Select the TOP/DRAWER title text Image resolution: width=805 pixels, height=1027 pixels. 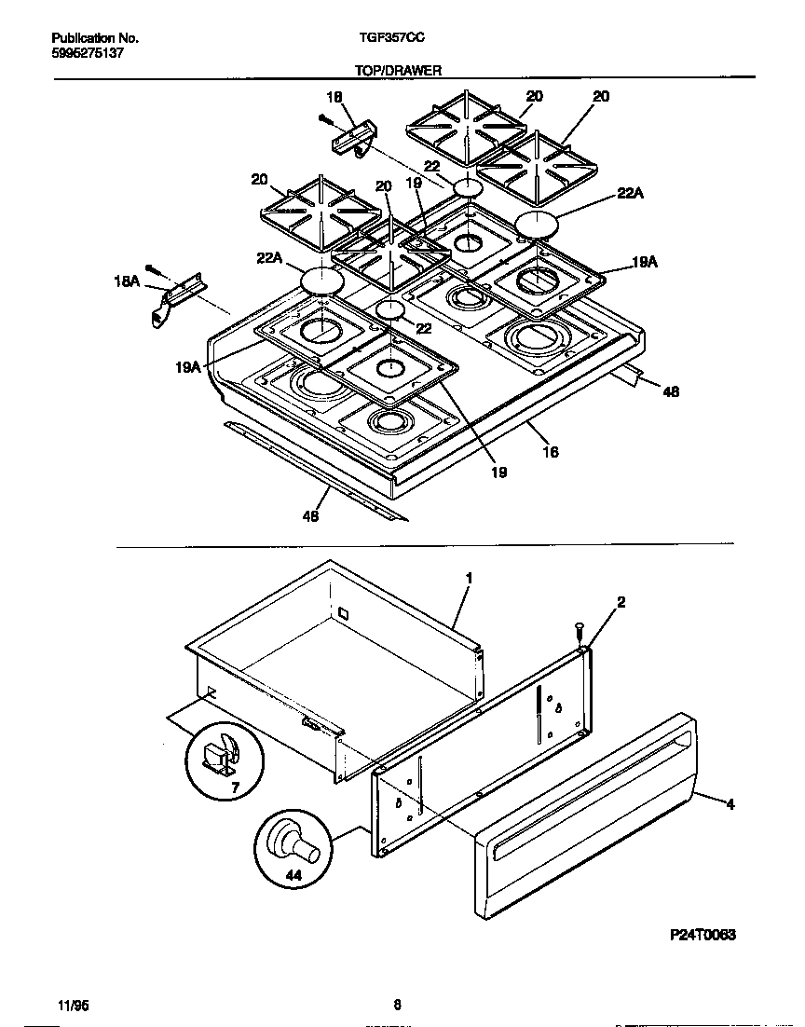pos(397,70)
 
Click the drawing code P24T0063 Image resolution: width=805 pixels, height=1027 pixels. pos(702,936)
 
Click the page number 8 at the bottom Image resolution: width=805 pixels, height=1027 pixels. pos(397,1005)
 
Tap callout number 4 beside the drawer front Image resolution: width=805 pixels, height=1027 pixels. pos(730,804)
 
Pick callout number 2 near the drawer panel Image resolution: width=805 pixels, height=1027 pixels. pos(621,602)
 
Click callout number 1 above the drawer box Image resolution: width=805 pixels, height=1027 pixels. pos(469,579)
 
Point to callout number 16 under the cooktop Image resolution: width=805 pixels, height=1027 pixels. pos(550,452)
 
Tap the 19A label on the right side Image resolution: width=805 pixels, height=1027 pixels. pos(645,264)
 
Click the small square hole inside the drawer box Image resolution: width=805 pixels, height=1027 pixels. pos(342,615)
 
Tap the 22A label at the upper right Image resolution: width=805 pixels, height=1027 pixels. pos(631,194)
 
